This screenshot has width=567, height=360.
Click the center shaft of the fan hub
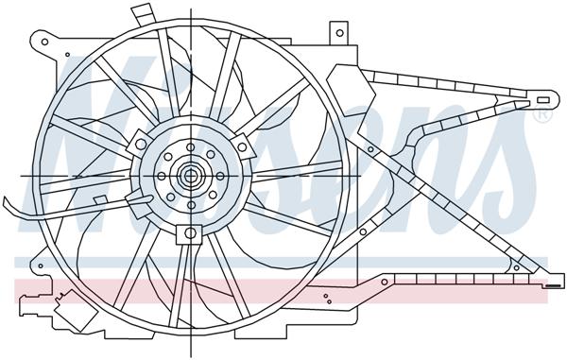[x=190, y=175]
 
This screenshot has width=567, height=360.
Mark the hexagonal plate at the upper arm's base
[x=342, y=76]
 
